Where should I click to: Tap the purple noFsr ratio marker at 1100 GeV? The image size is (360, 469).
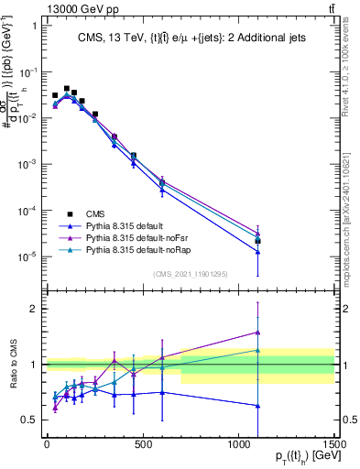[x=258, y=332]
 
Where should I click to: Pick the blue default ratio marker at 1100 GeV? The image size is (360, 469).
[x=258, y=405]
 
